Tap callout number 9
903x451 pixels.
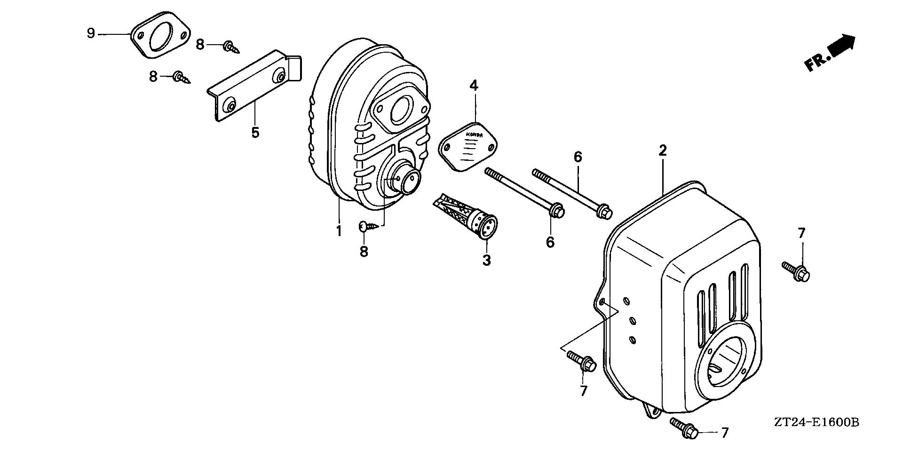click(x=91, y=33)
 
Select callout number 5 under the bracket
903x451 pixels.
click(x=255, y=133)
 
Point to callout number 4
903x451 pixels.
click(x=474, y=86)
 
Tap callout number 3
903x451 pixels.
click(x=486, y=260)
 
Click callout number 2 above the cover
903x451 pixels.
click(x=663, y=151)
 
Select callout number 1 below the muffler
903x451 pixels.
click(x=338, y=231)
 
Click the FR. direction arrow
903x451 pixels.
click(x=831, y=53)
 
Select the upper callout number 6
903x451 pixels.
click(x=578, y=157)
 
